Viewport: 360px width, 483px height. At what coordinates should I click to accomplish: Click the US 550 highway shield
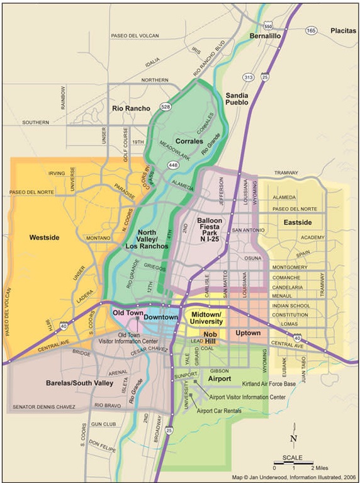pyautogui.click(x=269, y=27)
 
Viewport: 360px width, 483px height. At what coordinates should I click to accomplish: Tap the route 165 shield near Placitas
pyautogui.click(x=311, y=30)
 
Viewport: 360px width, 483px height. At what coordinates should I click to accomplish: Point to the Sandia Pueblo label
pyautogui.click(x=237, y=98)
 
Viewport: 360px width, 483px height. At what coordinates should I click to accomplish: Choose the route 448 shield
pyautogui.click(x=171, y=164)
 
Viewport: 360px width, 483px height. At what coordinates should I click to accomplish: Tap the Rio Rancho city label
pyautogui.click(x=131, y=108)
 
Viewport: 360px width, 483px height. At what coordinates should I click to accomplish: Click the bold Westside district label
pyautogui.click(x=44, y=237)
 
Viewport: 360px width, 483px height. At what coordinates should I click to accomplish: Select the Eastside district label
pyautogui.click(x=298, y=222)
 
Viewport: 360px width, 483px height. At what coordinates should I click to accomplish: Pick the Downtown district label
pyautogui.click(x=160, y=317)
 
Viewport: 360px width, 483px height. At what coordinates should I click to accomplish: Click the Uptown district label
pyautogui.click(x=247, y=332)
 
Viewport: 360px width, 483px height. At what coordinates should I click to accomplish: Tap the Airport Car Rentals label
pyautogui.click(x=220, y=411)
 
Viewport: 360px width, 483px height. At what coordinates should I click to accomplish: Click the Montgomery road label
pyautogui.click(x=289, y=267)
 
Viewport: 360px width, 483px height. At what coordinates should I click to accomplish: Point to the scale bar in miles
pyautogui.click(x=293, y=462)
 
